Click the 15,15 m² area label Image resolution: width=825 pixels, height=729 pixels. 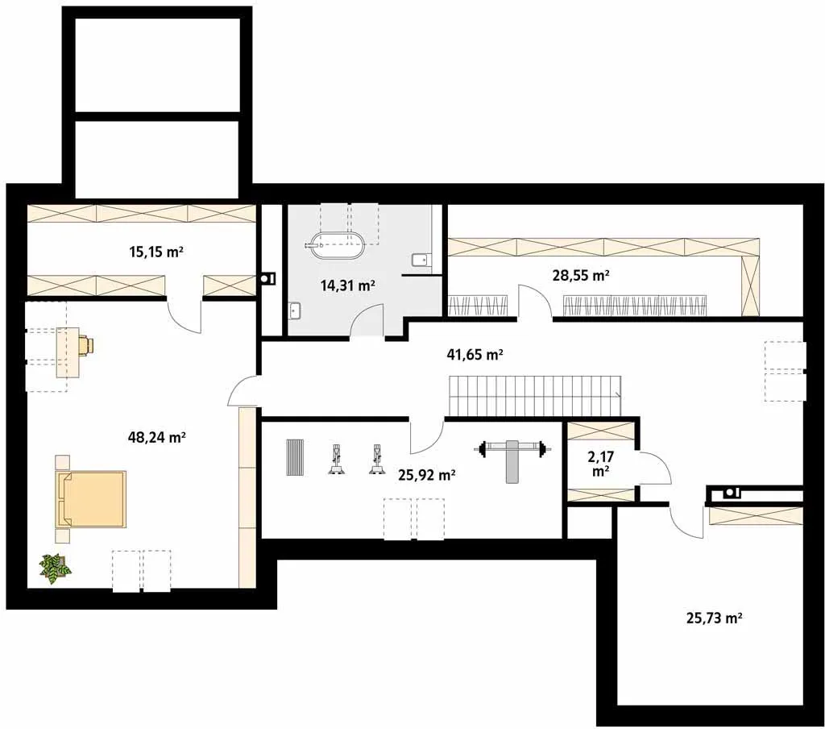click(156, 252)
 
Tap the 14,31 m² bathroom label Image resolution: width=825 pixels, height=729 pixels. click(348, 285)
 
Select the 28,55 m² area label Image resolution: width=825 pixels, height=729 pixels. click(581, 275)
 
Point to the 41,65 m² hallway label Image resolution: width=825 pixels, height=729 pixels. click(475, 355)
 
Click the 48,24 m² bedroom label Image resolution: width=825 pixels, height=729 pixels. click(157, 436)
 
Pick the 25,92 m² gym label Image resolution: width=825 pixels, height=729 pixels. click(427, 475)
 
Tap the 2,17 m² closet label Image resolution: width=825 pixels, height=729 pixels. click(600, 463)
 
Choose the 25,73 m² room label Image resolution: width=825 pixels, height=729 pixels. click(715, 618)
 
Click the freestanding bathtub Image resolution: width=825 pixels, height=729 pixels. click(336, 245)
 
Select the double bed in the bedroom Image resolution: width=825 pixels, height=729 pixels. click(90, 499)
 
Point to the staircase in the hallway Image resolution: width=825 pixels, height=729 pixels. click(535, 396)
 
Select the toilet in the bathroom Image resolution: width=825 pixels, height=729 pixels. click(420, 260)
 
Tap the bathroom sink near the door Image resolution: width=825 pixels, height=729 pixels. click(295, 310)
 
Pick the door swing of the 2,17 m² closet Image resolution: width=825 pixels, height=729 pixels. click(657, 468)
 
